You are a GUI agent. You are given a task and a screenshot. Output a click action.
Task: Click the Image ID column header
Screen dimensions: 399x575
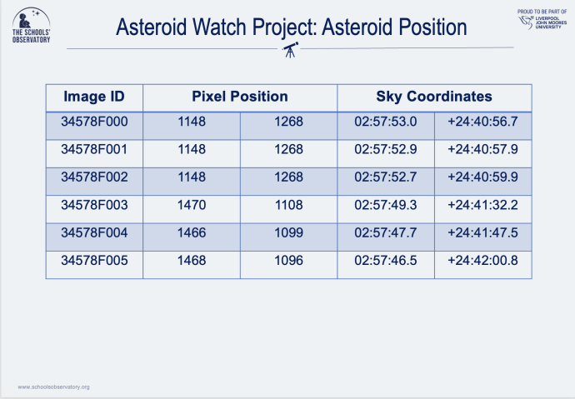tap(94, 97)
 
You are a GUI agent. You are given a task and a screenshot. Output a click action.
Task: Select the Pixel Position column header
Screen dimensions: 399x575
tap(240, 97)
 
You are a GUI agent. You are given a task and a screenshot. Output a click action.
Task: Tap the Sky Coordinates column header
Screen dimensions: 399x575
tap(434, 97)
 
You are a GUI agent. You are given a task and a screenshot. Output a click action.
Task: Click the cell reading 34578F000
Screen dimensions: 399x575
tap(94, 122)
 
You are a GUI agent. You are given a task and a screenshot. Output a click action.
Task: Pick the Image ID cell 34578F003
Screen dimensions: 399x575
tap(94, 204)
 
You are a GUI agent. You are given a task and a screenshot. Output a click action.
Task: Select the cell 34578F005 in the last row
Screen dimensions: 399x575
tap(94, 261)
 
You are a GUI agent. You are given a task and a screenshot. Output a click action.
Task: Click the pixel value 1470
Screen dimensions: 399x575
tap(192, 204)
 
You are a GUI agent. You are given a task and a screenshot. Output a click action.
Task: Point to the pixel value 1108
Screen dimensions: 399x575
tap(288, 204)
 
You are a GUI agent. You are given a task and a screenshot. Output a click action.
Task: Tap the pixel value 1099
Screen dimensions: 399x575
tap(288, 232)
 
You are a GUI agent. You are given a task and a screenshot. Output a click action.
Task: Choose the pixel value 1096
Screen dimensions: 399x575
tap(288, 261)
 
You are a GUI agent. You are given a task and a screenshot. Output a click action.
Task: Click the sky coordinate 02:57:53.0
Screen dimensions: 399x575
tap(385, 122)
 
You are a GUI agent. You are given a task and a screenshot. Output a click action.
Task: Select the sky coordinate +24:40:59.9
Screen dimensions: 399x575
tap(482, 177)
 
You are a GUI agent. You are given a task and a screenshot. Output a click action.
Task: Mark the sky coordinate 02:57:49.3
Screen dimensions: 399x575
tap(385, 204)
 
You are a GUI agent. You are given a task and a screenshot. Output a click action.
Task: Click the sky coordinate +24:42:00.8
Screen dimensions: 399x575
tap(482, 261)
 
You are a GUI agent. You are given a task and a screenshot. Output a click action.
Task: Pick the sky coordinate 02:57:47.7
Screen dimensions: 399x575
tap(385, 232)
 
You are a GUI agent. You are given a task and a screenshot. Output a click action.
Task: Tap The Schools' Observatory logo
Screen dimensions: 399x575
tap(30, 26)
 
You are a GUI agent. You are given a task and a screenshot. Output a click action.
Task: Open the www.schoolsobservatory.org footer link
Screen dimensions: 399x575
tap(53, 387)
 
